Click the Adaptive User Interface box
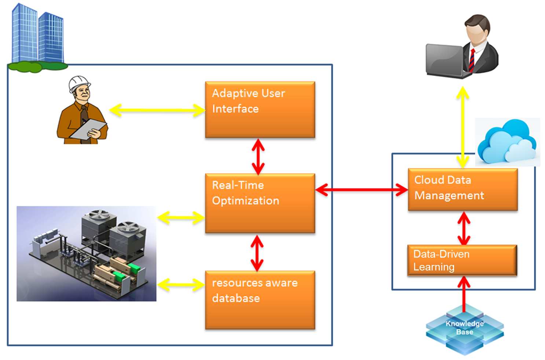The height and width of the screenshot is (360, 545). click(x=260, y=110)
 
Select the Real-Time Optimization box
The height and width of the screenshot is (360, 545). click(x=260, y=203)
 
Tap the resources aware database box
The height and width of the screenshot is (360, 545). click(x=260, y=300)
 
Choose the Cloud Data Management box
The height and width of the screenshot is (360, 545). click(x=462, y=189)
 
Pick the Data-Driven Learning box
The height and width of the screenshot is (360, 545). click(x=462, y=260)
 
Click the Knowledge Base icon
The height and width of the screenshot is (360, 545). click(x=464, y=328)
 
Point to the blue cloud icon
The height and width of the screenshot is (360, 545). click(x=506, y=142)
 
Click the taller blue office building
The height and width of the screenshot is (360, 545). click(x=25, y=33)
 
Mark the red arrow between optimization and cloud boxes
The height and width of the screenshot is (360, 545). click(x=361, y=190)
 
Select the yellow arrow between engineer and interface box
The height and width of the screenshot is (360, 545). click(x=157, y=110)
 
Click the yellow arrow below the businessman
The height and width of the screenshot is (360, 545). click(x=462, y=127)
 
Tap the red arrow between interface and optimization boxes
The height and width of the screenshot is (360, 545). click(x=258, y=156)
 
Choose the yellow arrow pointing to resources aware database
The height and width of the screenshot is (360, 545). click(x=181, y=285)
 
